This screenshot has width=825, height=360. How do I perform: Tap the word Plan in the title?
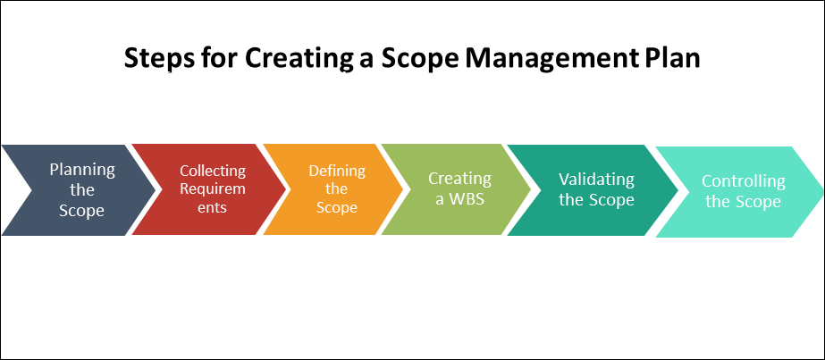click(x=671, y=60)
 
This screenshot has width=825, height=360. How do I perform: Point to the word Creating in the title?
click(x=283, y=60)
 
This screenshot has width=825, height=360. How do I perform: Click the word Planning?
click(x=82, y=169)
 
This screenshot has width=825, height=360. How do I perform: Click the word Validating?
click(x=596, y=179)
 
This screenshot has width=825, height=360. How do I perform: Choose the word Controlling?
click(x=743, y=181)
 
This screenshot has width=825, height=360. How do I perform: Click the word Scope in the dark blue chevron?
click(x=82, y=211)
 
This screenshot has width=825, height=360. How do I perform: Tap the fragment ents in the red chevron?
click(x=213, y=208)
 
